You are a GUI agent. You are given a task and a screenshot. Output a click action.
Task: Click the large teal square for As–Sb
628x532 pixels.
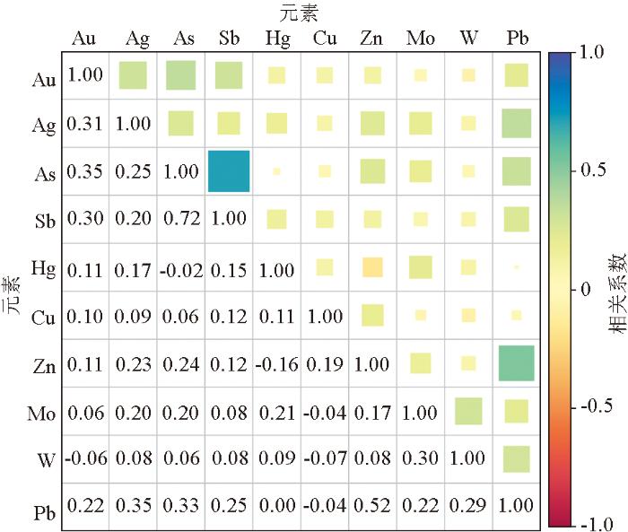pos(228,170)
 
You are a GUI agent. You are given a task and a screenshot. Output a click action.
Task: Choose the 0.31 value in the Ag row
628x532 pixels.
pos(86,124)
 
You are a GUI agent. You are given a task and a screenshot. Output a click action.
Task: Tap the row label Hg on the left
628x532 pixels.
pos(44,267)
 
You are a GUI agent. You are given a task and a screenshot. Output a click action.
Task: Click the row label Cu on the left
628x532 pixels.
pos(44,316)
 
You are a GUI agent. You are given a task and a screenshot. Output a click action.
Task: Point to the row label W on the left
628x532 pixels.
pos(48,460)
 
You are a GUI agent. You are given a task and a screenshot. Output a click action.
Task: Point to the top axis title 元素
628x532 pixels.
pos(301,13)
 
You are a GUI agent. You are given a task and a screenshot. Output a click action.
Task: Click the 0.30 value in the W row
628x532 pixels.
pos(420,460)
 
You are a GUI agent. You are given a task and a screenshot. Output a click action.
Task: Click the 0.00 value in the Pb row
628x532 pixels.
pos(276,509)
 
